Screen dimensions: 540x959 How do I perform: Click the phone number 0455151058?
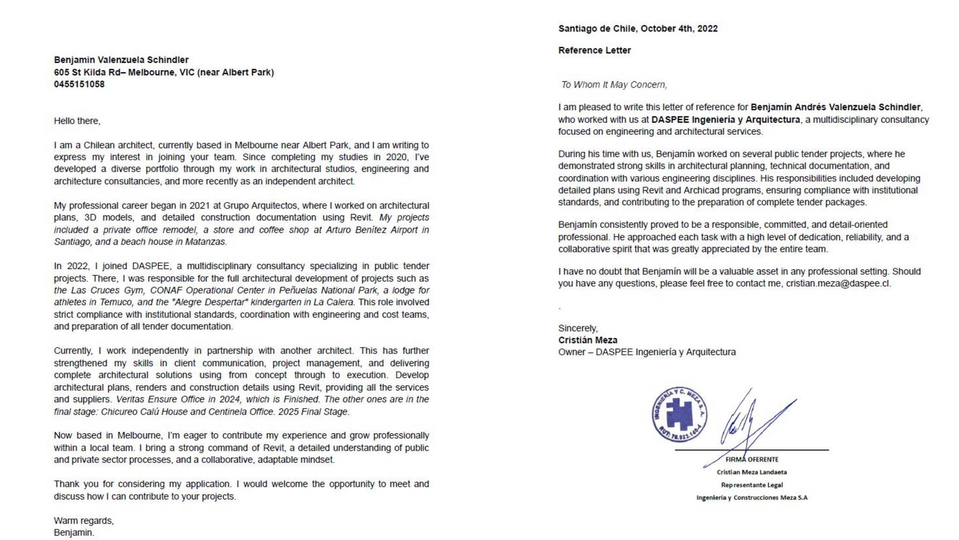pos(79,84)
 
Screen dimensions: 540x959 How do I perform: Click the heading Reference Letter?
pos(594,50)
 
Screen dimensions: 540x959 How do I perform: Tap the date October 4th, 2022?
pos(679,29)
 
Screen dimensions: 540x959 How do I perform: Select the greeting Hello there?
pos(77,121)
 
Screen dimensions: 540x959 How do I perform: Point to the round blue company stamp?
pos(679,414)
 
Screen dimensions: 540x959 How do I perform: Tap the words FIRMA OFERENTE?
pos(752,459)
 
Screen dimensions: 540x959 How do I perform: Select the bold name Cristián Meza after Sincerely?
pos(587,340)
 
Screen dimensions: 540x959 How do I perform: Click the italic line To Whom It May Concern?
pos(613,85)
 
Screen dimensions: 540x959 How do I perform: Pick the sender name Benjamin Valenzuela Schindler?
pos(121,60)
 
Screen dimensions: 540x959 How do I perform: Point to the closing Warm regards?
pos(83,521)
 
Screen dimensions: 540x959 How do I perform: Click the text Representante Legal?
pos(752,485)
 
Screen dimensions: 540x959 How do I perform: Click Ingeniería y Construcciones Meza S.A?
pos(752,497)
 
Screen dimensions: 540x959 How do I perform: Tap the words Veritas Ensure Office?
pos(160,399)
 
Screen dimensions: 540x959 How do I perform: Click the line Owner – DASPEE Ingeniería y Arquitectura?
pos(646,352)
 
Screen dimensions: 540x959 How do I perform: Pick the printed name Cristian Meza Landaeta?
pos(752,472)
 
